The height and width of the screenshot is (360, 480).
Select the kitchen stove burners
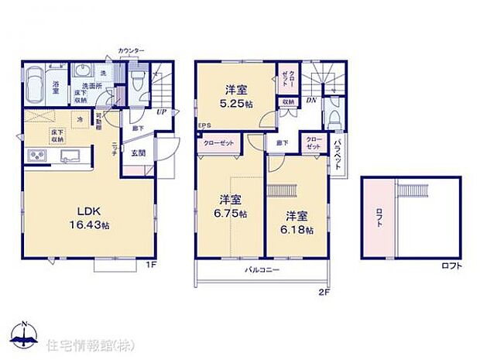point(36,157)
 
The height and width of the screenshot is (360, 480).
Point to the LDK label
point(87,209)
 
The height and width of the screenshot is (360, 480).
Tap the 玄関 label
point(139,153)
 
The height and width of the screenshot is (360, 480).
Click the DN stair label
point(310,100)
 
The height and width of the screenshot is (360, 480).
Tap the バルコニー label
point(262,270)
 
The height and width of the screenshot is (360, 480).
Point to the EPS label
point(204,125)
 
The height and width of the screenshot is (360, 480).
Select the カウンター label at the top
point(131,50)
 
